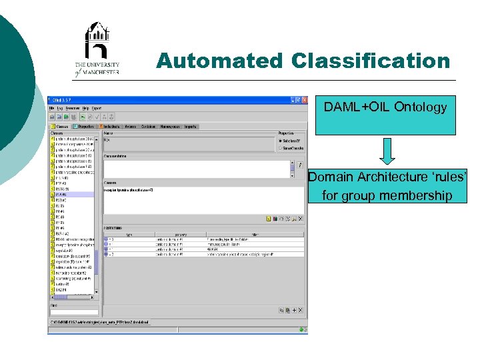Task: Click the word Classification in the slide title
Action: [370, 61]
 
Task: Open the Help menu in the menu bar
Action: [85, 108]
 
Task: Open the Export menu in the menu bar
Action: [97, 108]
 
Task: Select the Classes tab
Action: [60, 126]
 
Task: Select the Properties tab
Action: [85, 126]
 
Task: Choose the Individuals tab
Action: [110, 126]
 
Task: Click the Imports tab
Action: [191, 126]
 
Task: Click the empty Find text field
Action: [74, 312]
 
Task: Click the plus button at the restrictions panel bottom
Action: [295, 311]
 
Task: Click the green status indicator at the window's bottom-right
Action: [304, 329]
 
